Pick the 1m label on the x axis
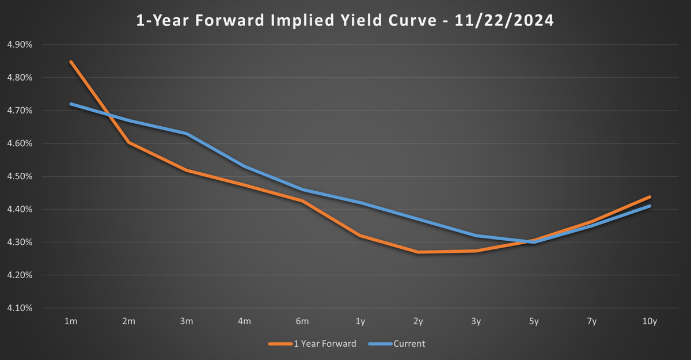point(70,321)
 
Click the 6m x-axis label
point(302,321)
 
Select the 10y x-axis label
point(650,321)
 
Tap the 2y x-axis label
point(418,321)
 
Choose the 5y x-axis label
point(534,321)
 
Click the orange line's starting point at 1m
point(71,62)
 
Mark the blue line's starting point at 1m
point(71,104)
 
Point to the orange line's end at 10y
point(650,197)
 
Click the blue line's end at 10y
point(650,206)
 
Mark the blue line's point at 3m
point(187,134)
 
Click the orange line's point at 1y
point(360,236)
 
